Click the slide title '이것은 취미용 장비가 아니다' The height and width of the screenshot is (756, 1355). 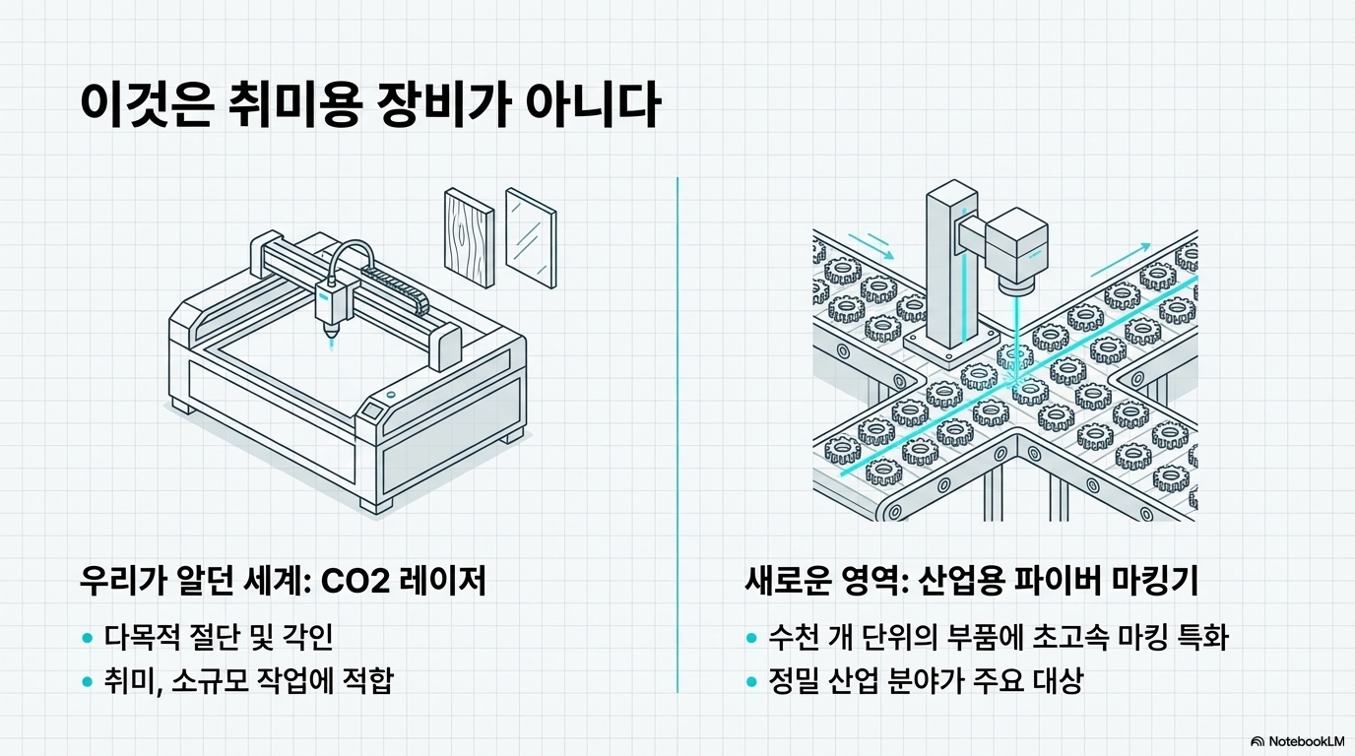pos(368,105)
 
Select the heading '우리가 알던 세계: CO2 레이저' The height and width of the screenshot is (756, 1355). pos(283,582)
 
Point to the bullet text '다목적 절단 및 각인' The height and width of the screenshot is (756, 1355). pos(219,637)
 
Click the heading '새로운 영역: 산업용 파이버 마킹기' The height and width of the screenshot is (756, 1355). pos(972,582)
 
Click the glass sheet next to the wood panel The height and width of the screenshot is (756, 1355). pos(530,237)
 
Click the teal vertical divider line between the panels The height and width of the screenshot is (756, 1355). pos(677,433)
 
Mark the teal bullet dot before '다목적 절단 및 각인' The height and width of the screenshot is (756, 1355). pos(87,638)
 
